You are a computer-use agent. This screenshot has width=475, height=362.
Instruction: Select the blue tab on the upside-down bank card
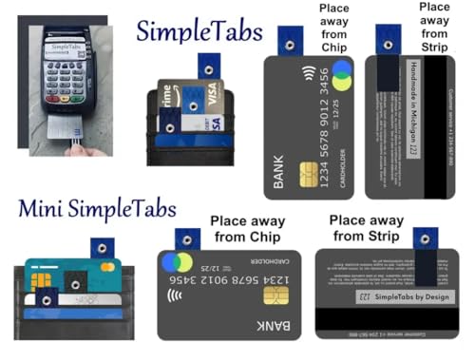click(x=187, y=238)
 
